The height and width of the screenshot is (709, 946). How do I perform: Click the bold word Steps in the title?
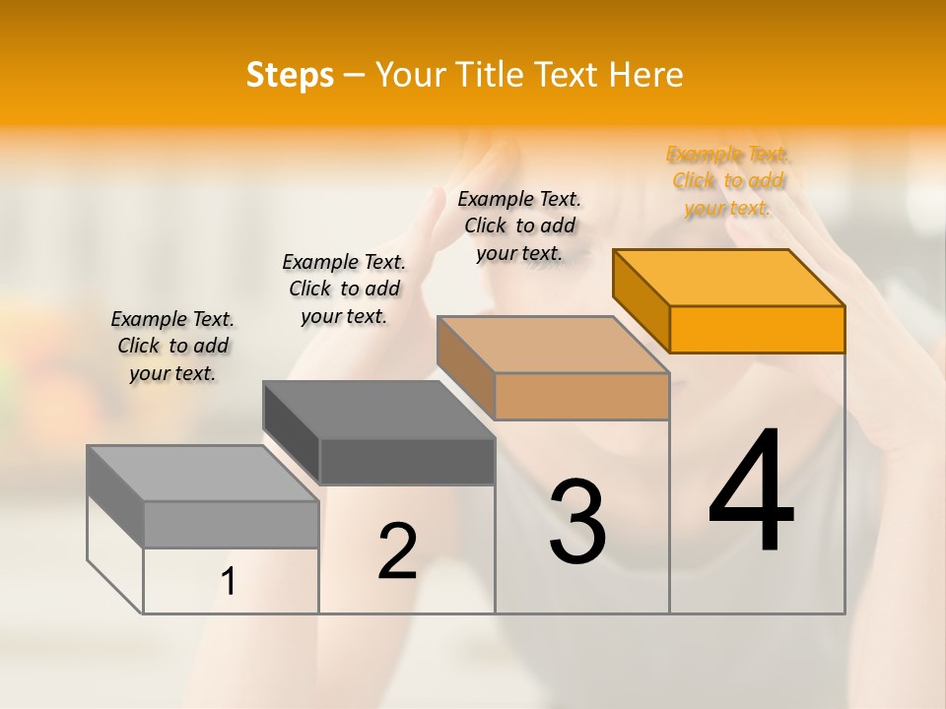tap(290, 75)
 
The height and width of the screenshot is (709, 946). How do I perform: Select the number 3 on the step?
tap(577, 522)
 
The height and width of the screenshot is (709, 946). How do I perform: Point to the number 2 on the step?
tap(397, 551)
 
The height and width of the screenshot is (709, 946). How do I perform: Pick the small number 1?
tap(229, 582)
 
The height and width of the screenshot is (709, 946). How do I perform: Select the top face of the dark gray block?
tap(379, 410)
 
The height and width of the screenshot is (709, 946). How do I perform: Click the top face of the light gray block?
tap(202, 474)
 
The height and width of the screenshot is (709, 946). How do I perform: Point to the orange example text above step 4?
tap(728, 180)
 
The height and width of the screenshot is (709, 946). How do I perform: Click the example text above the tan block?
tap(519, 226)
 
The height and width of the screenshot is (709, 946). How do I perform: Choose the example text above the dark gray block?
tap(344, 289)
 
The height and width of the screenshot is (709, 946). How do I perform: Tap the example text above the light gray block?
tap(172, 346)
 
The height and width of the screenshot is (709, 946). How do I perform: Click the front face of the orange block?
tap(757, 329)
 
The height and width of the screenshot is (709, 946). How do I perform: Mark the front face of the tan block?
tap(581, 396)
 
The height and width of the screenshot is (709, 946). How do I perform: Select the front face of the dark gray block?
tap(407, 461)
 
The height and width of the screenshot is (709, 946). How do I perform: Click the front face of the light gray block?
tap(231, 524)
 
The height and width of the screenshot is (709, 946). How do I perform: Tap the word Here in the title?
tap(646, 75)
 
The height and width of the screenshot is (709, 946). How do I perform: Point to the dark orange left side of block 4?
tap(642, 301)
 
